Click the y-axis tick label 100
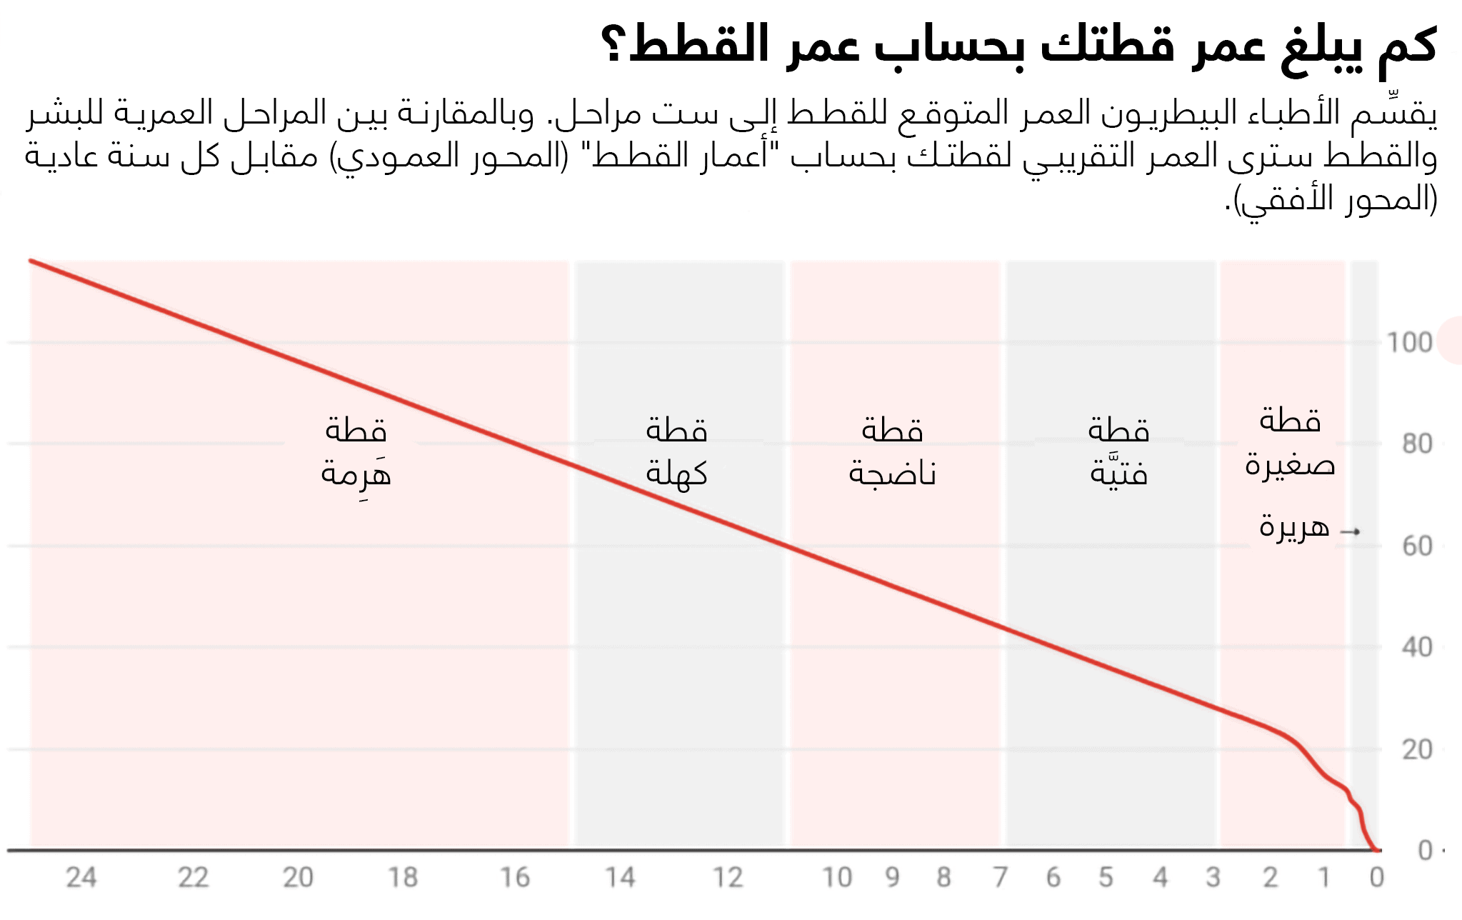pos(1409,343)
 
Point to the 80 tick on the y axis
pos(1417,444)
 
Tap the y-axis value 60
pos(1417,546)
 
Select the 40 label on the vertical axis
pos(1417,648)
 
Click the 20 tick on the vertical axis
pos(1417,750)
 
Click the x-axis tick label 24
pos(81,877)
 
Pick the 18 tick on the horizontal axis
pos(403,877)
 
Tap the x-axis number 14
pos(620,877)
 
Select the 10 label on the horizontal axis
pos(836,877)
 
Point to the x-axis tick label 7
pos(1001,877)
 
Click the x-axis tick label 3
pos(1213,877)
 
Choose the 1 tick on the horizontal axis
pos(1323,877)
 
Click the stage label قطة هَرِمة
pos(356,452)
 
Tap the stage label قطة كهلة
pos(676,452)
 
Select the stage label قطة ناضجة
pos(892,452)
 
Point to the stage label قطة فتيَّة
pos(1118,452)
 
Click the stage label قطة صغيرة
pos(1290,443)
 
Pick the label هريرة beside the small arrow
pos(1293,527)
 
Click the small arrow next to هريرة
pos(1350,531)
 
